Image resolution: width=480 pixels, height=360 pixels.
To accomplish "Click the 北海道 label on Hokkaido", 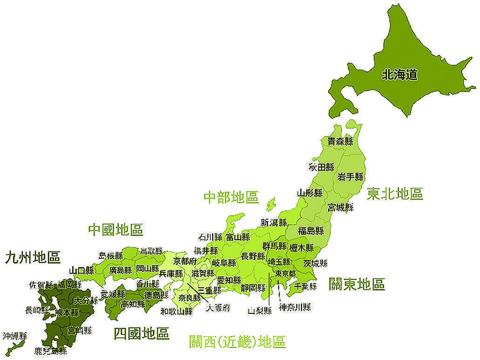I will (399, 75).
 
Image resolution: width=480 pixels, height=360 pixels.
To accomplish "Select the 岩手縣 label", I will (350, 177).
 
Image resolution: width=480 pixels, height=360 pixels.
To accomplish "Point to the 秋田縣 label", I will (322, 167).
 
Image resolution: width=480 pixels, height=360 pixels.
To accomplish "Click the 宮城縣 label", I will (340, 207).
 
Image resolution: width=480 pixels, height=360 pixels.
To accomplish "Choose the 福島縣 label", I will (311, 230).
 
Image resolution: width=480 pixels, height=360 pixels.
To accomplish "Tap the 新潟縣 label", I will (274, 222).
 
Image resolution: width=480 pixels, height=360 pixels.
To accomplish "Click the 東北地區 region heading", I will (395, 194).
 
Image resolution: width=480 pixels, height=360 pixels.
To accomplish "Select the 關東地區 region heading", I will (357, 284).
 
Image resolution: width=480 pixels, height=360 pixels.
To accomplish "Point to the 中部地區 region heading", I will (231, 197).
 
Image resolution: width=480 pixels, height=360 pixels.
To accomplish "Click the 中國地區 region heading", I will (116, 229).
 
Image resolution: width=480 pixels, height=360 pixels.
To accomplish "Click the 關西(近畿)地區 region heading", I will (237, 342).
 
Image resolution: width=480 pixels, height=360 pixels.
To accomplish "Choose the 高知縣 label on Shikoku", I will (132, 305).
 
